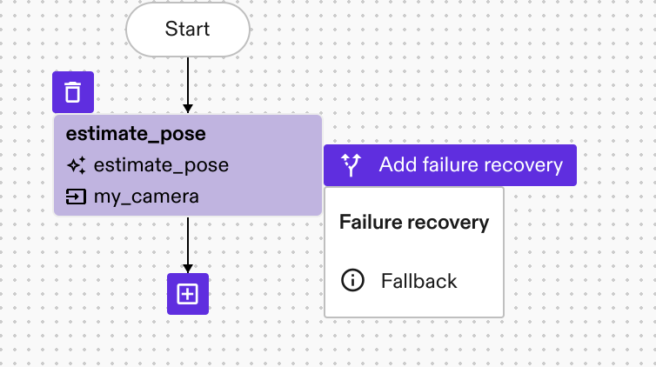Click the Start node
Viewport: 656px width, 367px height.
pos(188,30)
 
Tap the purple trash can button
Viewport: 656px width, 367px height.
pos(73,92)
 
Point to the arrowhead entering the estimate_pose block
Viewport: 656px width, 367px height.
pos(188,109)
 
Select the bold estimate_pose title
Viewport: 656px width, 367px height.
pos(136,134)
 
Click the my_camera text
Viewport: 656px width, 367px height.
pos(146,197)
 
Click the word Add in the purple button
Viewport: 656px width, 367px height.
pos(396,165)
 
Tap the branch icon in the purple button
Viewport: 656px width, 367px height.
pos(351,165)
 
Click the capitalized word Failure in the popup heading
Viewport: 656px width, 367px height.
pos(371,223)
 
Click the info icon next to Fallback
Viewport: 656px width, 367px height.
pos(352,281)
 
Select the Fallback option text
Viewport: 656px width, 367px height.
pos(418,281)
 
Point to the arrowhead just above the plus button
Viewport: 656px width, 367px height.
pos(188,268)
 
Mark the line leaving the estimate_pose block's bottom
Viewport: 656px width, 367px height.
pos(188,239)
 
